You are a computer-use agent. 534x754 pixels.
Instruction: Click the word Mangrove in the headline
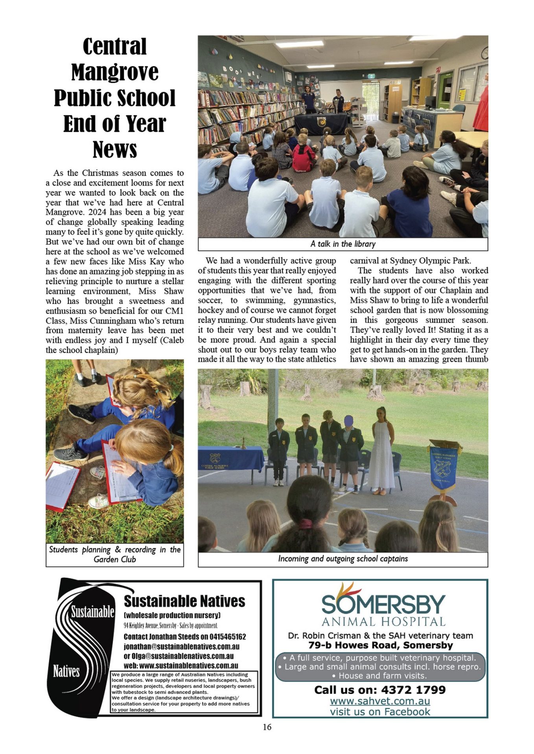point(114,72)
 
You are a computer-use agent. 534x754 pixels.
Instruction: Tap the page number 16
point(267,727)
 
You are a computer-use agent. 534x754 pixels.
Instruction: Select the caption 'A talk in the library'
point(342,244)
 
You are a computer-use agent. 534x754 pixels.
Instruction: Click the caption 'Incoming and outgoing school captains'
point(342,558)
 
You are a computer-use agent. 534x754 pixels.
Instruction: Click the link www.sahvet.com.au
point(380,701)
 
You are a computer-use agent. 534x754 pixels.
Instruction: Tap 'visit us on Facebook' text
point(380,712)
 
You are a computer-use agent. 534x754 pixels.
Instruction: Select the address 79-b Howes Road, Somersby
point(380,645)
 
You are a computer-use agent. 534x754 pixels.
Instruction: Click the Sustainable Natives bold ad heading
point(184,601)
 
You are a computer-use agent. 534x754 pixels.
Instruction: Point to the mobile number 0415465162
point(228,637)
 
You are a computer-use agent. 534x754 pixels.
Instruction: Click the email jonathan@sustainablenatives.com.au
point(181,646)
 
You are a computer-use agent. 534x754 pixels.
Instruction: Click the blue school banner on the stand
point(443,467)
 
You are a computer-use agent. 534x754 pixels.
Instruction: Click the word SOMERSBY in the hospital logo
point(383,605)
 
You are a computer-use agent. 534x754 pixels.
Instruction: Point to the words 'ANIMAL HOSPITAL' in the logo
point(383,622)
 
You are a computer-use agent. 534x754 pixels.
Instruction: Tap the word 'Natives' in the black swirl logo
point(66,671)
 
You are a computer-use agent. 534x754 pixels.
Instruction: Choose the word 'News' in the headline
point(114,150)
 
